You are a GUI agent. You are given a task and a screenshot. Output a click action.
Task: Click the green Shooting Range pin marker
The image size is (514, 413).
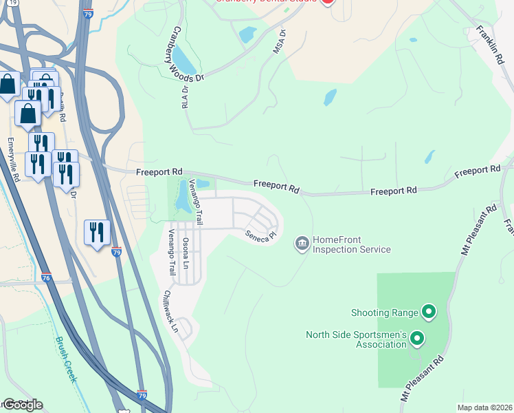429,313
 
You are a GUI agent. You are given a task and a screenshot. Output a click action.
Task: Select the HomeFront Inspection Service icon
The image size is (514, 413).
301,243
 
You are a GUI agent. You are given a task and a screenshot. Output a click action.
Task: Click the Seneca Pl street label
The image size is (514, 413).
261,235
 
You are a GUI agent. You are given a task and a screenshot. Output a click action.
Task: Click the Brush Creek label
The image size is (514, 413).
67,351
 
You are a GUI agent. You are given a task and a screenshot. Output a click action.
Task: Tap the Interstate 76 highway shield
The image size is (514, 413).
46,277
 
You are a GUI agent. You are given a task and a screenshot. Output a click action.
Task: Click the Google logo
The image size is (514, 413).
22,404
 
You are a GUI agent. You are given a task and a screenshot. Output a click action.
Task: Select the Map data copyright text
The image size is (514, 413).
484,407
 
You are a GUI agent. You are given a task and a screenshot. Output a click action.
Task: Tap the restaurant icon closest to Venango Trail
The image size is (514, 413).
97,232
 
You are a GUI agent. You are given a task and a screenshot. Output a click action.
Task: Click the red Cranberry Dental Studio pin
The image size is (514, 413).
327,1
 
